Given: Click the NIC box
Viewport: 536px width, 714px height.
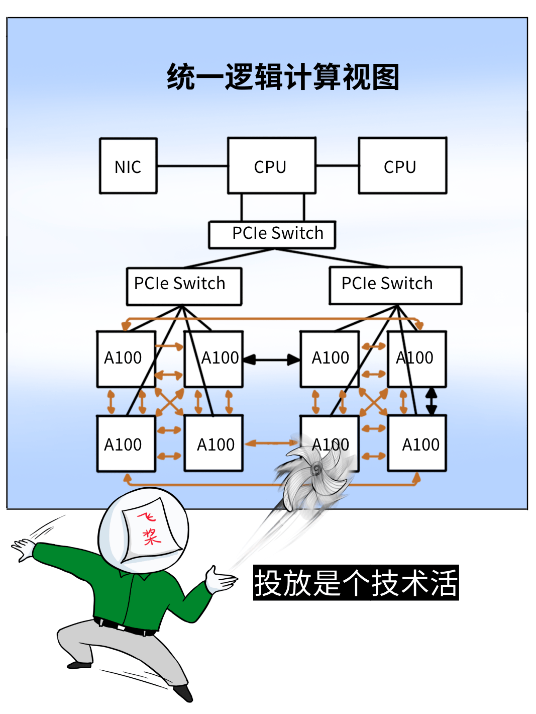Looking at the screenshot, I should click(x=128, y=166).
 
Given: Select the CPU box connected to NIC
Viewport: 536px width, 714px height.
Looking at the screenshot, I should click(x=271, y=166).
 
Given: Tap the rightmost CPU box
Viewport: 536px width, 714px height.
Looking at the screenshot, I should click(x=402, y=166).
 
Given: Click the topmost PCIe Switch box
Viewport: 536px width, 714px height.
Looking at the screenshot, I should click(x=272, y=234).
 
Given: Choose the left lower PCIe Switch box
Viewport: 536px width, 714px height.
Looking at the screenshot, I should click(x=184, y=286).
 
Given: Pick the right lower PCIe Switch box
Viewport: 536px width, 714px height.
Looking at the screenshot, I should click(x=395, y=285).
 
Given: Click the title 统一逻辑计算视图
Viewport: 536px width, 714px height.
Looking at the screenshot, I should click(x=283, y=77).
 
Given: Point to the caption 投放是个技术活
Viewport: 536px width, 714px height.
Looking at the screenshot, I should click(x=356, y=583).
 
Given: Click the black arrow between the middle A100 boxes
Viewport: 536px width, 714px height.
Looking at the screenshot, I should click(x=271, y=359).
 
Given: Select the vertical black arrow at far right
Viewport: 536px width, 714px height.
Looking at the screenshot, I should click(x=431, y=401).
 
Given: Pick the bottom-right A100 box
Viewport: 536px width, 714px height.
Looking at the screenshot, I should click(x=417, y=444).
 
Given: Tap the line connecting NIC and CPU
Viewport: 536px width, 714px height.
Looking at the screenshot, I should click(x=192, y=165).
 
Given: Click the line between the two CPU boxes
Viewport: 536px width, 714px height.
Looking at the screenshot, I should click(x=337, y=165).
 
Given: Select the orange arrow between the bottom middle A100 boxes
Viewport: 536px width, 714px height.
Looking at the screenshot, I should click(x=271, y=443).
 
